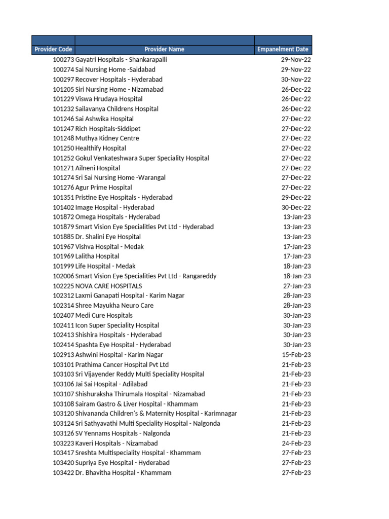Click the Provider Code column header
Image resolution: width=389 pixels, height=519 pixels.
[x=53, y=49]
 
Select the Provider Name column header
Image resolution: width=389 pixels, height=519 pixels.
[x=164, y=49]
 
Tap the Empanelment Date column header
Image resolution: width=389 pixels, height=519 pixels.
[x=283, y=49]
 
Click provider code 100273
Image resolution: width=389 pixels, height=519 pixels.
[x=63, y=60]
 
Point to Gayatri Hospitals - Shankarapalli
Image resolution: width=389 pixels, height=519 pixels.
[x=121, y=60]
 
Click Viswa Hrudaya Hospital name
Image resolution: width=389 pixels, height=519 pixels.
[x=109, y=99]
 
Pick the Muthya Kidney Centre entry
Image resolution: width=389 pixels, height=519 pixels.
[x=107, y=138]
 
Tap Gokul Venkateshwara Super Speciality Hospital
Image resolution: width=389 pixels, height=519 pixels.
[x=142, y=158]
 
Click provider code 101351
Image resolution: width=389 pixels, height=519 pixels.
[x=63, y=198]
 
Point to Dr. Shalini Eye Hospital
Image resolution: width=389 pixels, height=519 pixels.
[x=108, y=237]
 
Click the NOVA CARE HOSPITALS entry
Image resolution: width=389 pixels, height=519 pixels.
[x=108, y=286]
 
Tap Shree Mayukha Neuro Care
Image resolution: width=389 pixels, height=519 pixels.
[x=114, y=306]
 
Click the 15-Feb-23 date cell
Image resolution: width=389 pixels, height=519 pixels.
[x=296, y=355]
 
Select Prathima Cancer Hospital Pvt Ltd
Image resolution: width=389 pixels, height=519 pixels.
[x=122, y=364]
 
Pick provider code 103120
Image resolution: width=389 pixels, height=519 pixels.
[x=63, y=414]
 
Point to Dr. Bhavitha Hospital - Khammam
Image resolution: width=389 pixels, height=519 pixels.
[x=123, y=473]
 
